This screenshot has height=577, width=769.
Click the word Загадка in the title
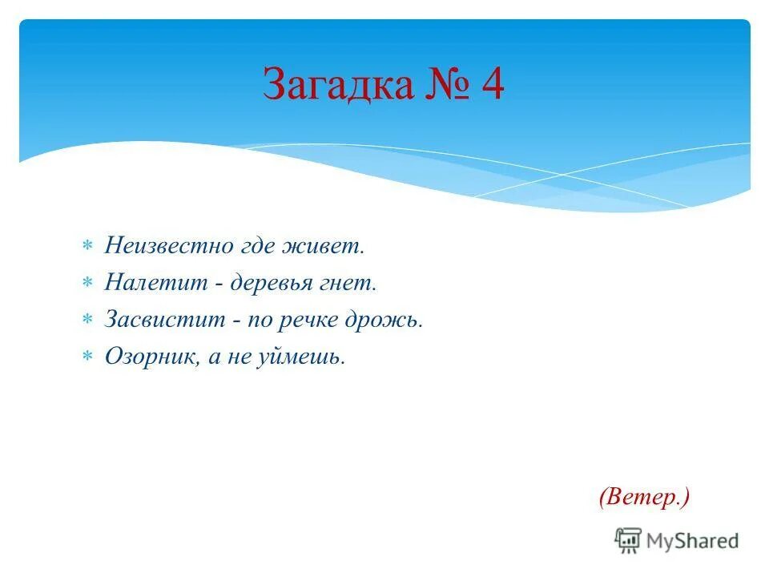click(x=336, y=85)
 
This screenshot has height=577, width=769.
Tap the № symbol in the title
click(x=445, y=85)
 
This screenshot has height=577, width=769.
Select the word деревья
click(x=268, y=284)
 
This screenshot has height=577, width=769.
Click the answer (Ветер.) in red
click(x=643, y=497)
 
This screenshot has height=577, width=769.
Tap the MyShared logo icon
click(x=627, y=540)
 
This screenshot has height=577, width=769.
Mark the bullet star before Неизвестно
click(x=88, y=245)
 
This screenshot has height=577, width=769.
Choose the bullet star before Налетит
click(x=88, y=282)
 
